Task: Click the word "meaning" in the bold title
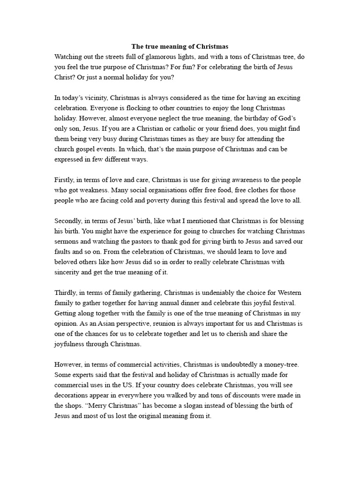[x=172, y=47]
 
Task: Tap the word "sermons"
[x=67, y=242]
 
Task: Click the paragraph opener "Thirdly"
[x=66, y=293]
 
